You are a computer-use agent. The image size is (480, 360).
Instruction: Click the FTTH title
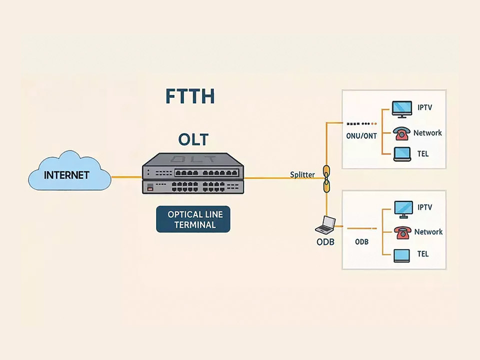[x=190, y=96]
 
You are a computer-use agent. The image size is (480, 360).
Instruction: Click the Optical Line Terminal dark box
[x=193, y=219]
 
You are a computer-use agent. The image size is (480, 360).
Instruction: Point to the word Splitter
[x=302, y=174]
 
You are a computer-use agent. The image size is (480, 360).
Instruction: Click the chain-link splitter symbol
[x=326, y=178]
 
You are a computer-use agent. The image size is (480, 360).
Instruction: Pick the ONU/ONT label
[x=361, y=135]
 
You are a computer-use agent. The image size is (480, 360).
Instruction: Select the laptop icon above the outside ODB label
[x=325, y=224]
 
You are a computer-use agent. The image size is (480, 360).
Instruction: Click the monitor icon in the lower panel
[x=403, y=208]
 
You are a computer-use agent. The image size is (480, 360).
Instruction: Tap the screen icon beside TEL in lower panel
[x=401, y=255]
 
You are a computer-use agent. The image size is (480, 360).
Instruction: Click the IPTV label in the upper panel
[x=424, y=107]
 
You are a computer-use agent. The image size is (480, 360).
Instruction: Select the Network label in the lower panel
[x=428, y=232]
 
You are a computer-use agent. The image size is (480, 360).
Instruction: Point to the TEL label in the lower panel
[x=423, y=254]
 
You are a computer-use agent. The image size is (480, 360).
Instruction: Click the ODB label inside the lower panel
[x=361, y=242]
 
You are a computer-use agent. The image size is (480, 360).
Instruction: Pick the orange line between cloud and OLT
[x=126, y=176]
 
